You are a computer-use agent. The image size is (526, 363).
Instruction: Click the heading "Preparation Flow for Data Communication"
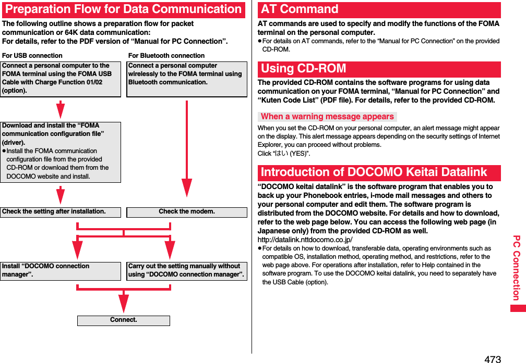click(123, 9)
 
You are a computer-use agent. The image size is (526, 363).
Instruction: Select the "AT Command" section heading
click(300, 9)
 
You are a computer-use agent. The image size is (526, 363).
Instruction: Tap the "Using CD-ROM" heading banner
click(304, 69)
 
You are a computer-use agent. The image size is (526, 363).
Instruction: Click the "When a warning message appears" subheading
click(327, 117)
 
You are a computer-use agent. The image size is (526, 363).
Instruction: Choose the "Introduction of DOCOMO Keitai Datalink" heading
click(374, 172)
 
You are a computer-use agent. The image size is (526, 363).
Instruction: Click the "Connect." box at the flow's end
click(124, 320)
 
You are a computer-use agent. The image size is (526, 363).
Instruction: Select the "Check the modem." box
click(186, 212)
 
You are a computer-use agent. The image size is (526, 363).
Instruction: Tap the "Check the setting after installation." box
click(60, 212)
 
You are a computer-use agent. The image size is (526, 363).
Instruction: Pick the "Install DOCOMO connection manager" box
click(60, 270)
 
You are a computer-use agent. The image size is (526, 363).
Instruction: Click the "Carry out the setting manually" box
click(186, 270)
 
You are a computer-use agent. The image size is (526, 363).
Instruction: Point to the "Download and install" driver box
click(60, 152)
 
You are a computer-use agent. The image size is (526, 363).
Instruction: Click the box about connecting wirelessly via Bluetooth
click(186, 79)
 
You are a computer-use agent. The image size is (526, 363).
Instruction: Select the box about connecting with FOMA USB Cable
click(60, 79)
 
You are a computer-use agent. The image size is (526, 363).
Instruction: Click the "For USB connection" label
click(32, 56)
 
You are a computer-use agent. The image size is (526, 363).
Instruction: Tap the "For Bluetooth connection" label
click(166, 56)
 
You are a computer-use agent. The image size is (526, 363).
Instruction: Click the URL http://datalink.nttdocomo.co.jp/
click(305, 240)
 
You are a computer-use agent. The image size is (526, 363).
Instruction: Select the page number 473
click(492, 359)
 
